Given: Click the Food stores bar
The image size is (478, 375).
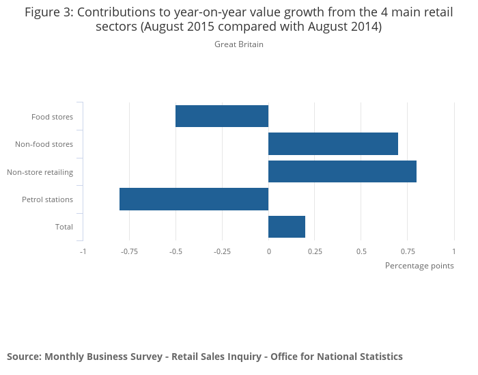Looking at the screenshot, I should point(222,116).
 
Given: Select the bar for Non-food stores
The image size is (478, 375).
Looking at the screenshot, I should point(333,144).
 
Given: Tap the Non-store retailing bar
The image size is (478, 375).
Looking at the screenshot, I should point(342,171).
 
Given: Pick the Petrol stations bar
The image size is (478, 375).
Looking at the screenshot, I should point(194,199).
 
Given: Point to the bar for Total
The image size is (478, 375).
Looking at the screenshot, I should point(287,226).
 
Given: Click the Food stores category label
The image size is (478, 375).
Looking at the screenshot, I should point(52,117).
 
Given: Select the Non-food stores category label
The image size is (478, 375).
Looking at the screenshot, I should point(44,144).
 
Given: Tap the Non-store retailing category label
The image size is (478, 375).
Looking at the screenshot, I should point(40,172).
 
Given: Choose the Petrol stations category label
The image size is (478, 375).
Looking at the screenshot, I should point(47,199).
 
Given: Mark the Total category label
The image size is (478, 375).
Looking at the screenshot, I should point(64,227).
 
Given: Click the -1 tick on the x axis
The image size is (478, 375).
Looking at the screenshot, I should point(83,251).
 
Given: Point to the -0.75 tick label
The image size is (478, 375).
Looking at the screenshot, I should point(129,251).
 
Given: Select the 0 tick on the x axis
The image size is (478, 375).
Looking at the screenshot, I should point(268,251).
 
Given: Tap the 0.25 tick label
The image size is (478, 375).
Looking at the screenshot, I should point(315,251).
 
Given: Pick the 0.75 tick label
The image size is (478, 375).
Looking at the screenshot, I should point(408,251).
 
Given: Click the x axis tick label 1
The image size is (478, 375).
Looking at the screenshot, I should point(453,251).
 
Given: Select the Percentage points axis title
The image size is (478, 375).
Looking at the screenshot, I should point(419,266).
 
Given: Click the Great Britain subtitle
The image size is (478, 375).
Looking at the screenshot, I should point(239,44).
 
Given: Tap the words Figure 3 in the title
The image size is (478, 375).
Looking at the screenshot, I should point(46,12).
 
